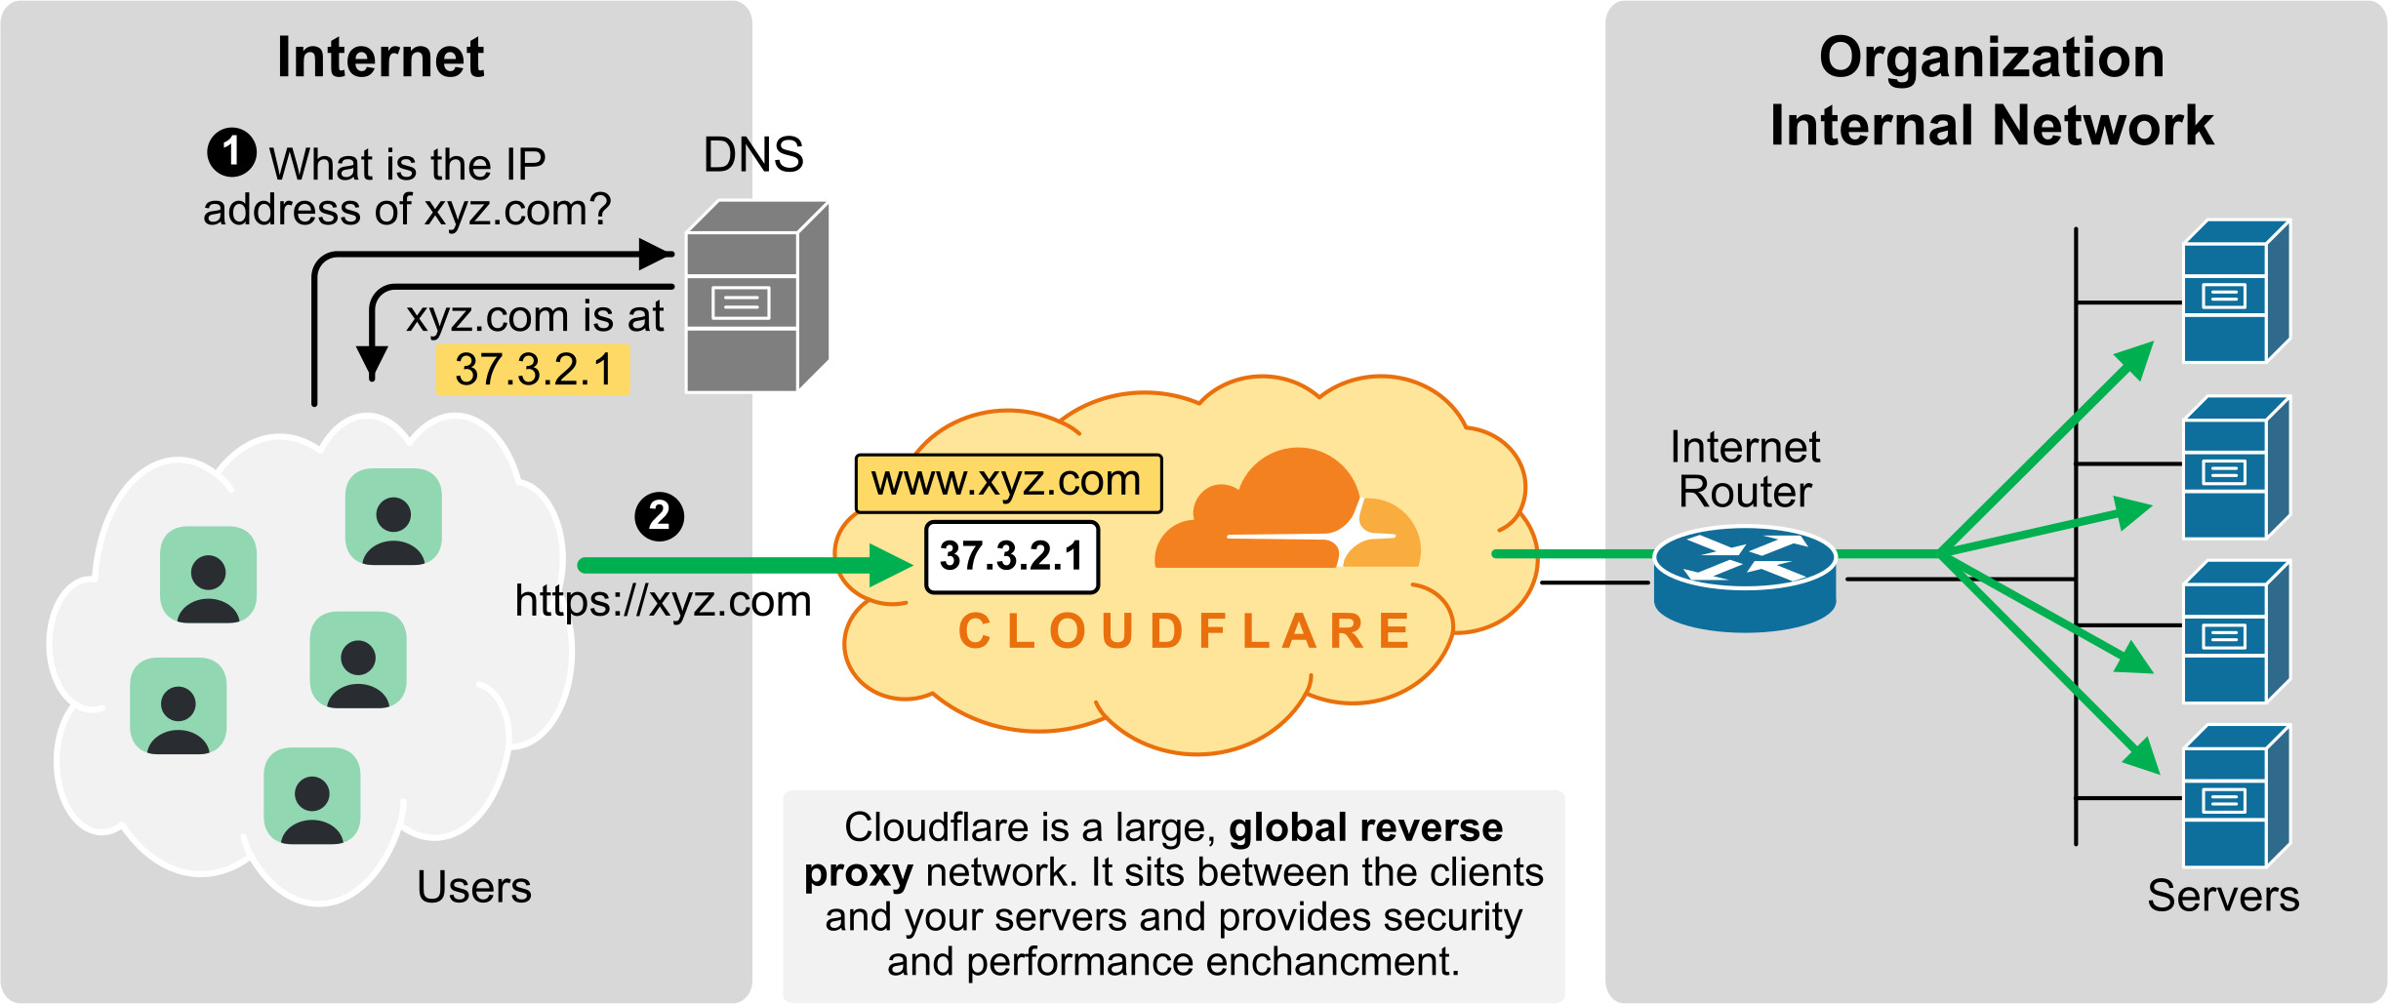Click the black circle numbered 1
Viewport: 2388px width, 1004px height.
tap(231, 152)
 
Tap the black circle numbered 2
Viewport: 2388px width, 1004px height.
tap(659, 516)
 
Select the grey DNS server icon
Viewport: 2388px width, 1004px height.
tap(756, 298)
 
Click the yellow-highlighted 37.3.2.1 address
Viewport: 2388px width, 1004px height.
tap(533, 370)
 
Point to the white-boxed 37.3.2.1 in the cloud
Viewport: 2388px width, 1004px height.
tap(1011, 556)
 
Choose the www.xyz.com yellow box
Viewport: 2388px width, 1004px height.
tap(1007, 482)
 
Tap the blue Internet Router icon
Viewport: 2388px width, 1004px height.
tap(1745, 578)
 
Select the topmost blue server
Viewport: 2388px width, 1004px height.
tap(2235, 292)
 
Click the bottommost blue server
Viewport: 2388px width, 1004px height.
tap(2235, 796)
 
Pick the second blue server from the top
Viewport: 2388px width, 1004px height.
tap(2235, 467)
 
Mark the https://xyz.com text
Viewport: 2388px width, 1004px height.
tap(663, 602)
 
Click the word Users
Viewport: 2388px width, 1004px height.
tap(474, 888)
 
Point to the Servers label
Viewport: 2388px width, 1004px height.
tap(2222, 896)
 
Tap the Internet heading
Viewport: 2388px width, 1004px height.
tap(381, 58)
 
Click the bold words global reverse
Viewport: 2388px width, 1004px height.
tap(1365, 827)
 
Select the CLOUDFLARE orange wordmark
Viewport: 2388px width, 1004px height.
tap(1185, 631)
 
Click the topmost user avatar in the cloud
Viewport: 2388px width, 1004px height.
tap(393, 516)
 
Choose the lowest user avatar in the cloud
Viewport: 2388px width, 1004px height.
tap(312, 795)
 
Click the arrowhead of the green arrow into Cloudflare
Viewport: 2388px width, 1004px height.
tap(889, 565)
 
